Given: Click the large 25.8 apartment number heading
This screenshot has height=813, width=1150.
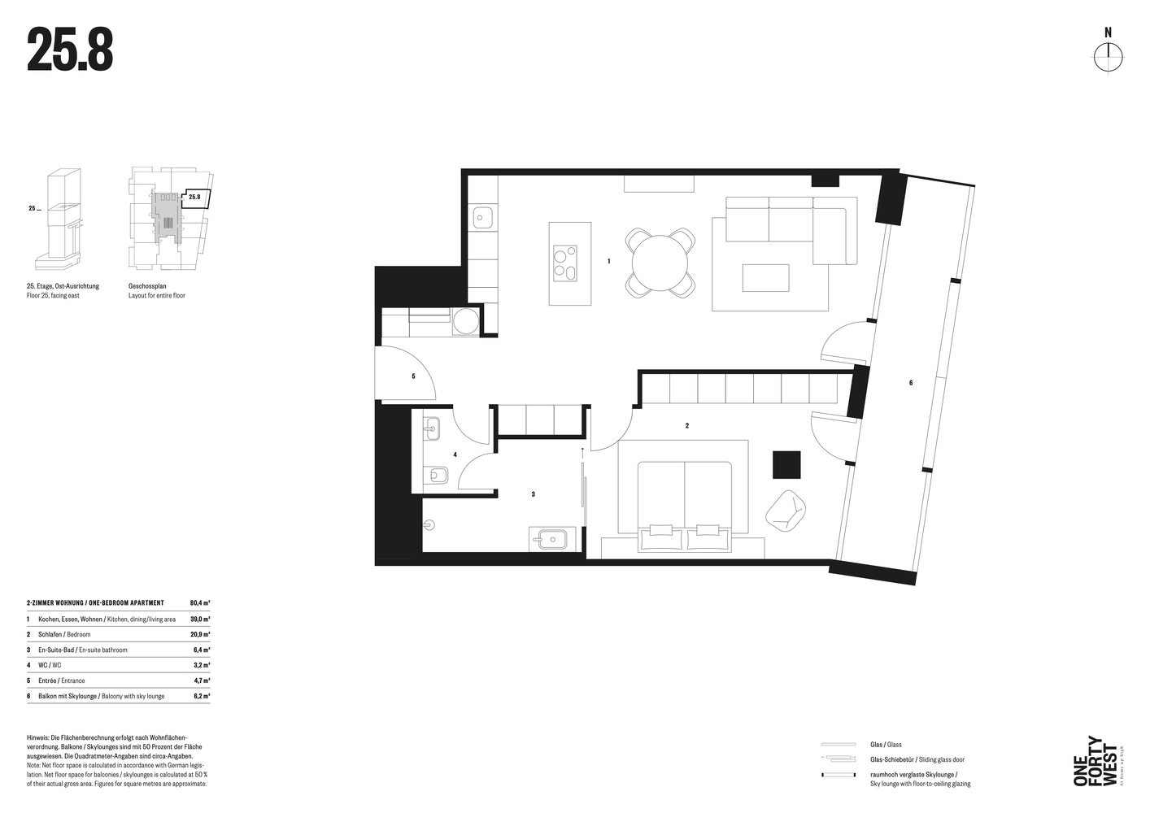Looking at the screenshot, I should [70, 50].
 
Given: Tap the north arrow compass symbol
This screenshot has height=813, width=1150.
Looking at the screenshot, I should [1107, 55].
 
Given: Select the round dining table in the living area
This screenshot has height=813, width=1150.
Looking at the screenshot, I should [660, 263].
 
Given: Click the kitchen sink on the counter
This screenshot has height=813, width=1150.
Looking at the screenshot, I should [482, 217].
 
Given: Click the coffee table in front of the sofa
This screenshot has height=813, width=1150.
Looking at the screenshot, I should [764, 277].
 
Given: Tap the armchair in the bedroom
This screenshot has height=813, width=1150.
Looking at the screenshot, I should [786, 511].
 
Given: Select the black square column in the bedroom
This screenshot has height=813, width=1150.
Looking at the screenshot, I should [786, 465].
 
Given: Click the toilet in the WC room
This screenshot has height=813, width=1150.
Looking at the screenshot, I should [435, 476].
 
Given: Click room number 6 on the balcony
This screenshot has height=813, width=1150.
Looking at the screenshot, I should [910, 382].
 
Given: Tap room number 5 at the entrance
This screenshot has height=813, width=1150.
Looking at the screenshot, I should [413, 376].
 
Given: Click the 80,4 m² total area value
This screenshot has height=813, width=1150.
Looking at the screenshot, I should [199, 603].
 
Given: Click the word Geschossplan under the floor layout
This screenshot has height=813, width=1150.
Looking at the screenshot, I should [147, 286].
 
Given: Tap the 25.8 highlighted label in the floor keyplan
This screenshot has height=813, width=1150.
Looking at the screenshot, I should [194, 197].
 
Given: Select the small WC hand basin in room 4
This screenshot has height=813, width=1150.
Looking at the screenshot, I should [432, 427].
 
